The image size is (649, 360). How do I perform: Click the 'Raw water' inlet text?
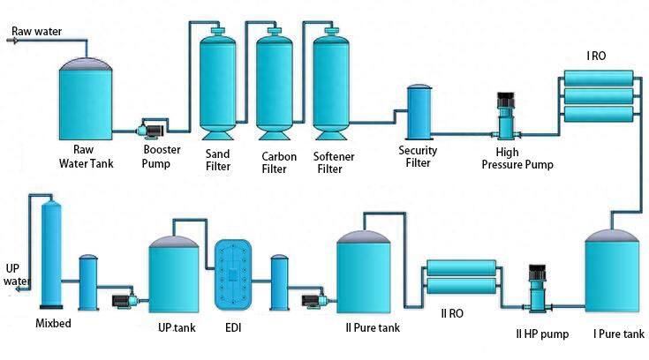point(35,32)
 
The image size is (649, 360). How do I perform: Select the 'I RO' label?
point(597,56)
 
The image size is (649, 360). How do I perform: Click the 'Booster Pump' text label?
point(162,156)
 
